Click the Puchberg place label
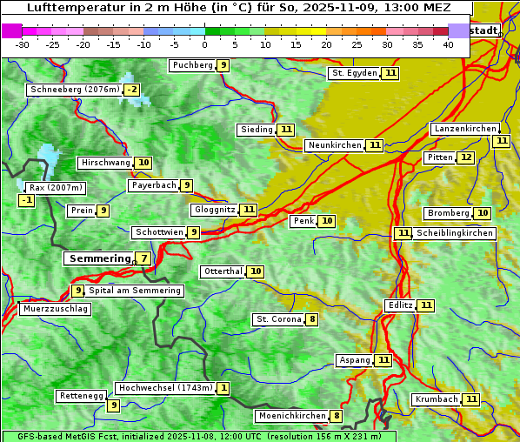(x=192, y=65)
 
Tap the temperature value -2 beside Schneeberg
(x=131, y=90)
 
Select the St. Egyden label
(x=354, y=73)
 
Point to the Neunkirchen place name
(x=334, y=145)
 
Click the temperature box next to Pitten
(x=467, y=157)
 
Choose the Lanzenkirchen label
(x=464, y=129)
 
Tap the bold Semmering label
(x=98, y=258)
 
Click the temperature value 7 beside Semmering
(x=143, y=258)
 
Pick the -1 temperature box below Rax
(x=27, y=200)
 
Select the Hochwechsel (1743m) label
(x=165, y=388)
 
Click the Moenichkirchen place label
(x=291, y=416)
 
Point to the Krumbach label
(x=436, y=399)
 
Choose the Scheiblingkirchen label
(x=455, y=233)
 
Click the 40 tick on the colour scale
(x=448, y=44)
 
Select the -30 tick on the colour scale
(x=23, y=44)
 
